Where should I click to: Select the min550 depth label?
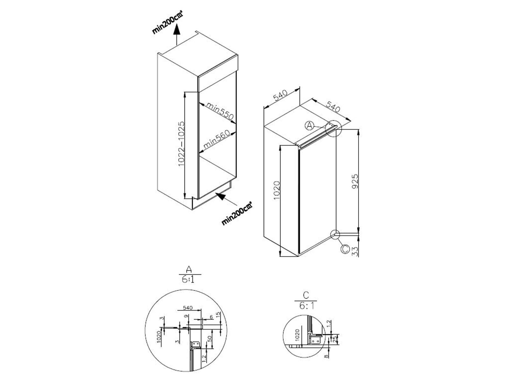pyautogui.click(x=220, y=110)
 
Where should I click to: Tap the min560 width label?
pyautogui.click(x=216, y=140)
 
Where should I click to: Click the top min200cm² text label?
pyautogui.click(x=167, y=22)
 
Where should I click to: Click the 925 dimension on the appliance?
pyautogui.click(x=355, y=181)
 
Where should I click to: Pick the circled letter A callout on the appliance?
pyautogui.click(x=309, y=126)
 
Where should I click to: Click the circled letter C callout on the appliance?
pyautogui.click(x=345, y=249)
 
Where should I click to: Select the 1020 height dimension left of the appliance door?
pyautogui.click(x=276, y=190)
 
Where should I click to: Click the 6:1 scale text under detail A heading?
pyautogui.click(x=188, y=279)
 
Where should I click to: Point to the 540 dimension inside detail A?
pyautogui.click(x=188, y=308)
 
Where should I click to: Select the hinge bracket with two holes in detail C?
pyautogui.click(x=316, y=341)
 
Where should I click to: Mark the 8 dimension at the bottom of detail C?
pyautogui.click(x=326, y=355)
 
